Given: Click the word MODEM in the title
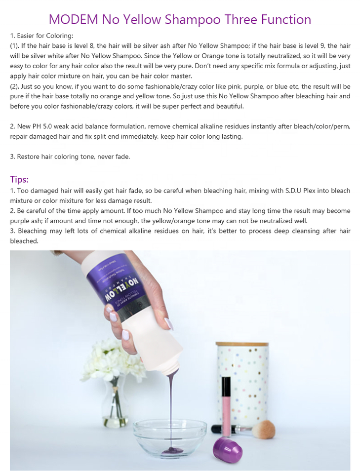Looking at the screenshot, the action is point(73,19).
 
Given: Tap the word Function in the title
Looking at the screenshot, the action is point(286,19).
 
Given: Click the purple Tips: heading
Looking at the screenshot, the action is point(19,179).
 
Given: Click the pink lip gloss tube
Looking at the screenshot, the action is point(226,401).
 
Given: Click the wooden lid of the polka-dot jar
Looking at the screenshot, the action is point(242,344).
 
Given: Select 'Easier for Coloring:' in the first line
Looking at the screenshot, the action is point(45,36).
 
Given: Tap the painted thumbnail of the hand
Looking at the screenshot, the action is point(169,323).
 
